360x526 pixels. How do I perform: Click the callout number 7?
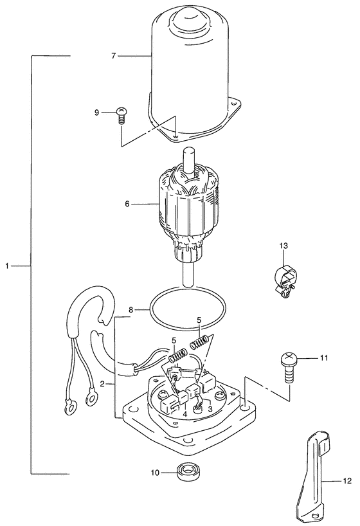coord(113,56)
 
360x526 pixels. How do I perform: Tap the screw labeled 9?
coord(122,115)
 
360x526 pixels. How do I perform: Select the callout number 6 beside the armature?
coord(127,204)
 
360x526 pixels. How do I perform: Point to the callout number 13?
coord(283,246)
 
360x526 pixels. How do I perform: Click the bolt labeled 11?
coord(289,368)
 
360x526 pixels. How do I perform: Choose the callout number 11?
coord(323,358)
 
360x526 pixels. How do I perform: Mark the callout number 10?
coord(155,473)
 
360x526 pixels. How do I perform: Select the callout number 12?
coord(348,481)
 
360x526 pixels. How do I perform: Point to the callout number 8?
coord(132,310)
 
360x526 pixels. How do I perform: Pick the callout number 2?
coord(103,383)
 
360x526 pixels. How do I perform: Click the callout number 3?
coord(210,409)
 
